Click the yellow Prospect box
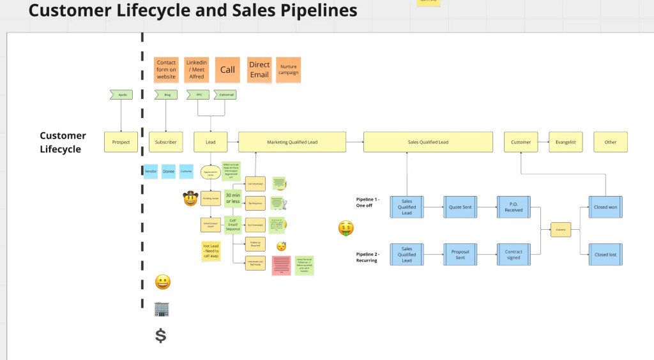click(x=121, y=142)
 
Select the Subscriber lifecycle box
click(x=166, y=142)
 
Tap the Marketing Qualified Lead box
click(x=292, y=142)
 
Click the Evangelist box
click(x=566, y=142)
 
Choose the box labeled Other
click(x=611, y=142)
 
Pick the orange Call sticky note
click(x=228, y=70)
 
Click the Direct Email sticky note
click(x=259, y=70)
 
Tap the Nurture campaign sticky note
click(x=288, y=70)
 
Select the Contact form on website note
click(x=166, y=70)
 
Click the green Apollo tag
click(x=121, y=95)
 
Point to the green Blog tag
click(x=167, y=95)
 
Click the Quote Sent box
click(x=460, y=207)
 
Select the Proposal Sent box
click(x=460, y=255)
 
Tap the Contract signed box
click(x=513, y=255)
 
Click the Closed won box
click(x=605, y=207)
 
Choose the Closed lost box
click(x=605, y=255)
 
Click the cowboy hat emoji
click(x=190, y=199)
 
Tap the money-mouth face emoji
click(x=346, y=228)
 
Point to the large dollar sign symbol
click(x=161, y=335)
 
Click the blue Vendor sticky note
click(x=151, y=171)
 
